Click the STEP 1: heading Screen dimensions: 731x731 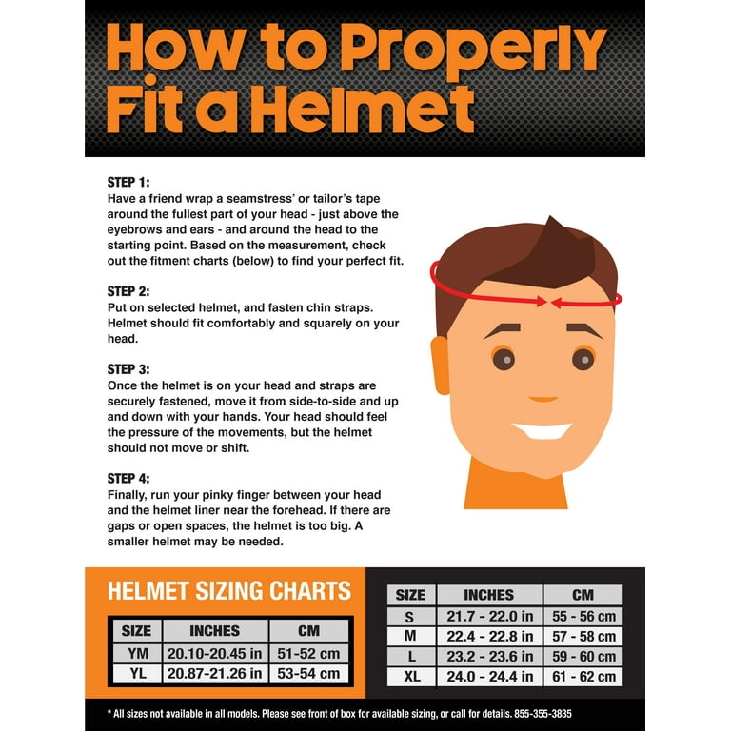pos(128,182)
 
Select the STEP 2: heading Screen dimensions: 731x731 pos(128,291)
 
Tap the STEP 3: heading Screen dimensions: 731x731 pos(128,369)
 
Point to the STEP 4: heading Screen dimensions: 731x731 pos(128,479)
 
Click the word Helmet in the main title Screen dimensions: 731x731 pos(365,109)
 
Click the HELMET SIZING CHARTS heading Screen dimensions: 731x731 pos(228,591)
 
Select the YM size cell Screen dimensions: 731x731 pos(137,654)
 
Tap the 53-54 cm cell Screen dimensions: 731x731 pos(308,674)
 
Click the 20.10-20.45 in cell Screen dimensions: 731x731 pos(215,654)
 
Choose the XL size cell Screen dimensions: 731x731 pos(411,677)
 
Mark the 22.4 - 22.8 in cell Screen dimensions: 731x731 pos(489,637)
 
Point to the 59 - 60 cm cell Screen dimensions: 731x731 pos(583,657)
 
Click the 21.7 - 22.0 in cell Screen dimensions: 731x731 pos(489,617)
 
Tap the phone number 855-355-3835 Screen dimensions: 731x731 pos(543,714)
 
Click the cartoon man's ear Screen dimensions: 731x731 pos(440,365)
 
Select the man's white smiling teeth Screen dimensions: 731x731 pos(542,431)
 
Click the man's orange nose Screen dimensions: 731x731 pos(543,399)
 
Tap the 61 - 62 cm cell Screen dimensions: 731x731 pos(583,677)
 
